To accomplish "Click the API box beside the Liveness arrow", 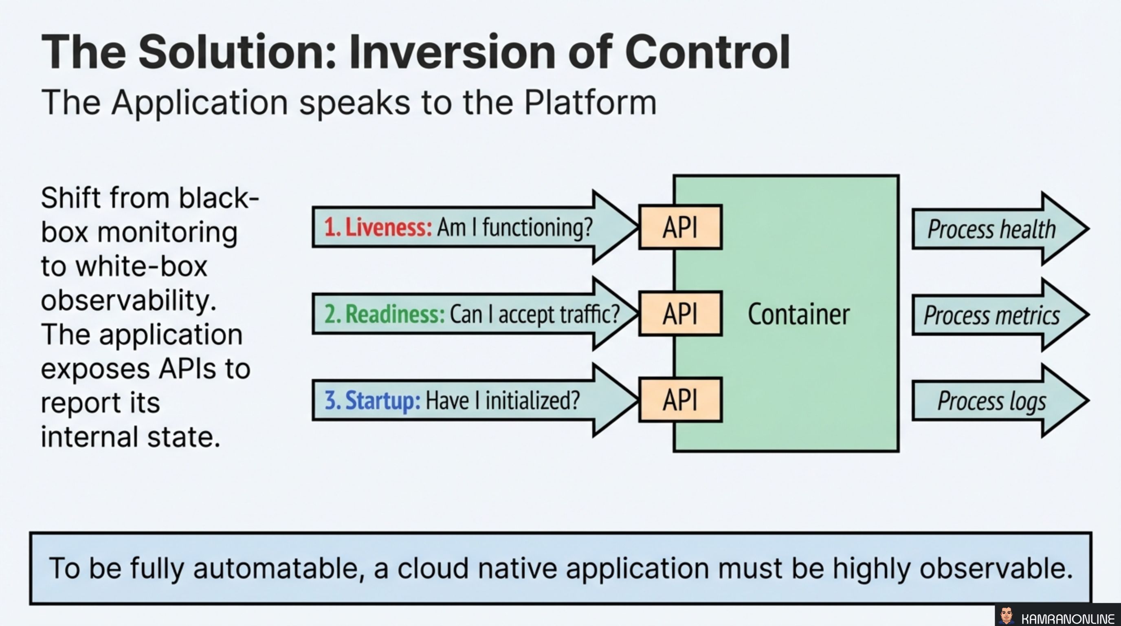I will point(680,227).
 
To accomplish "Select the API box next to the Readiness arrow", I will point(680,313).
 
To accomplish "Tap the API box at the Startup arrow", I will point(680,400).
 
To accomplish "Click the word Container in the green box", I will point(798,314).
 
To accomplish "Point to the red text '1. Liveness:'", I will point(378,227).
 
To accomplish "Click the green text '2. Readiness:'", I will point(384,314).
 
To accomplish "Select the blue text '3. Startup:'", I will point(372,400).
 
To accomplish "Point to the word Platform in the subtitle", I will point(590,103).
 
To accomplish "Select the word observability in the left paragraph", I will point(128,300).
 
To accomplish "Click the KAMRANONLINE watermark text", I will point(1068,619).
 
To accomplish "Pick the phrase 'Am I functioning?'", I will point(515,227).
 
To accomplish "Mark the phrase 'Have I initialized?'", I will point(503,400).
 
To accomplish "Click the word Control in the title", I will point(707,52).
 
